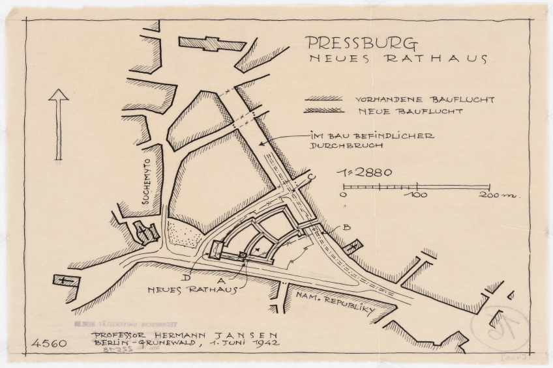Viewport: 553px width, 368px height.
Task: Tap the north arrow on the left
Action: [59, 124]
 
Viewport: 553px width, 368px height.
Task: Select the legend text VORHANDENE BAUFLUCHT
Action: [425, 100]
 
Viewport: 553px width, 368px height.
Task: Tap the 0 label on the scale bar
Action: [344, 195]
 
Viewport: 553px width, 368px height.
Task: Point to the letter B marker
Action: [347, 227]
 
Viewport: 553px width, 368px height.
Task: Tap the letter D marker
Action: [187, 277]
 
